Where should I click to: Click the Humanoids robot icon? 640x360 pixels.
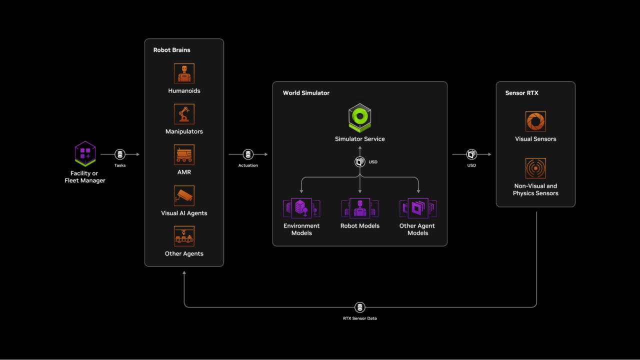click(x=184, y=73)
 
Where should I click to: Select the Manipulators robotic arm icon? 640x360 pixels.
click(x=184, y=114)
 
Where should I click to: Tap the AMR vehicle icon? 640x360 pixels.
click(x=184, y=154)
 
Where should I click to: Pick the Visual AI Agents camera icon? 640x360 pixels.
click(x=184, y=195)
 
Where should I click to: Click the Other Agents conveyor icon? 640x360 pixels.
click(x=184, y=236)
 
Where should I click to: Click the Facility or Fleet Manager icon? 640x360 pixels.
click(x=85, y=153)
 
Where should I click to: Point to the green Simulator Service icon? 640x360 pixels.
click(x=359, y=117)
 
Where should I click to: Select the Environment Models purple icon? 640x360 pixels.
click(x=301, y=208)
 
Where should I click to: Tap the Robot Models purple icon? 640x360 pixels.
click(x=359, y=208)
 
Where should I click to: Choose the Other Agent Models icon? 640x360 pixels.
click(x=417, y=208)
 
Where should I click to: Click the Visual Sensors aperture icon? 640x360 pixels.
click(x=535, y=121)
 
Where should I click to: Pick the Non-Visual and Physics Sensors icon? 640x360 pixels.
click(x=535, y=168)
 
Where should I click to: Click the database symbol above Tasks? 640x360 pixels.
click(x=120, y=154)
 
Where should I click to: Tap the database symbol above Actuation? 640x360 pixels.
click(x=248, y=154)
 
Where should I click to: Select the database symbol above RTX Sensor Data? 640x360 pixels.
click(x=360, y=307)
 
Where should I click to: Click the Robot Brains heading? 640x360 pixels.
click(x=171, y=50)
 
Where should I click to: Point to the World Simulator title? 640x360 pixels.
click(x=306, y=93)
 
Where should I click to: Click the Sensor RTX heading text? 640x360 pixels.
click(x=521, y=93)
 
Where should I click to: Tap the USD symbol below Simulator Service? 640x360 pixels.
click(x=359, y=162)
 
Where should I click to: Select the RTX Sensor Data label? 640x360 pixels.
click(x=360, y=318)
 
